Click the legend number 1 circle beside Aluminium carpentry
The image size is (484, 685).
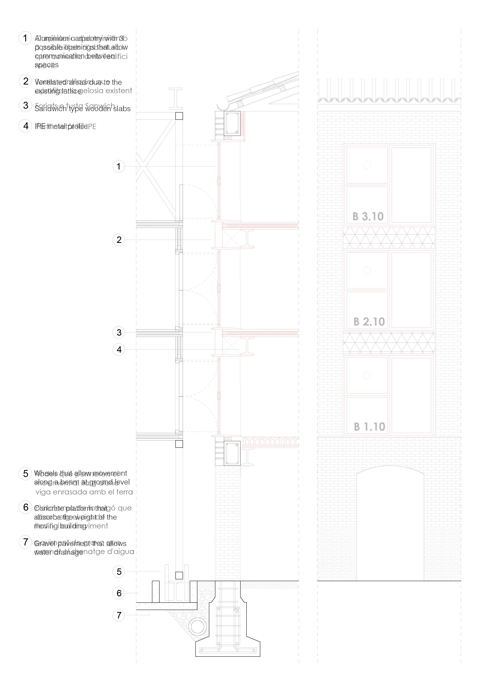(x=25, y=38)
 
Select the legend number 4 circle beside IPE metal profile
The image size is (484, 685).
(x=26, y=126)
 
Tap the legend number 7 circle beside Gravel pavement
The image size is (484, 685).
(x=26, y=542)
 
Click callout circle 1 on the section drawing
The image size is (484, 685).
(x=119, y=166)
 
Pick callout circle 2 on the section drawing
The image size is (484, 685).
(x=119, y=240)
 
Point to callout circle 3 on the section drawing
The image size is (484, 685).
(x=119, y=332)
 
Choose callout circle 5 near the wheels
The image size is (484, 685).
(x=119, y=572)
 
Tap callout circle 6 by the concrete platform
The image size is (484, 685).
(x=119, y=593)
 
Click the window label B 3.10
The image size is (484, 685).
(x=368, y=217)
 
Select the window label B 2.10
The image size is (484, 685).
(x=369, y=322)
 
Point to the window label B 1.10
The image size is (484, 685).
(x=369, y=427)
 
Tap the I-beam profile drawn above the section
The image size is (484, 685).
(x=176, y=98)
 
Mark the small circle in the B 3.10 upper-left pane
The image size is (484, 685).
(x=367, y=165)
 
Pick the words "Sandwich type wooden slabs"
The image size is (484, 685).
(x=83, y=109)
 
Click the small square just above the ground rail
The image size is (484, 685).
(x=179, y=575)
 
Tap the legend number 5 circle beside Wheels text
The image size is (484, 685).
(x=26, y=474)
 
